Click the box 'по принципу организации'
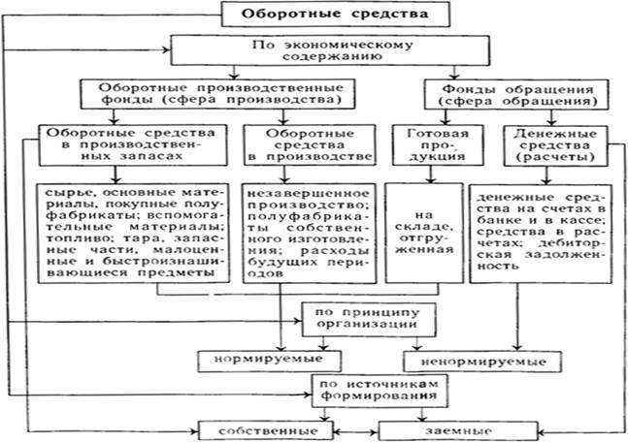358,319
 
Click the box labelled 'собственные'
262,427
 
